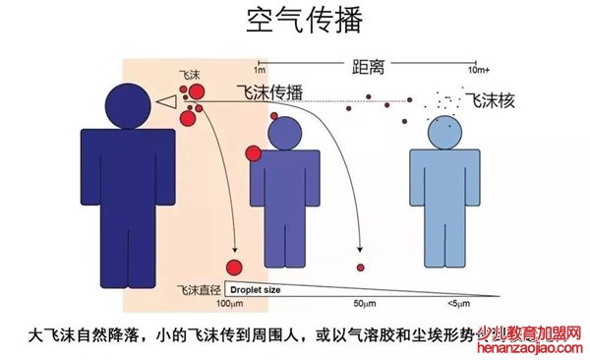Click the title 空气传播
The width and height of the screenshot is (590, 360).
pos(294,22)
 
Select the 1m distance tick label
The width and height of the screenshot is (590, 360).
pos(260,71)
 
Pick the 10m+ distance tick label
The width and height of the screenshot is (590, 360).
pos(479,71)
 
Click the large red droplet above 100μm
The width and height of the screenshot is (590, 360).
pos(234,268)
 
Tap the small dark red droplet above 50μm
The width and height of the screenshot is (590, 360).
pos(361,269)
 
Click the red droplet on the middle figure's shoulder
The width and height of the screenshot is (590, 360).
pos(253,152)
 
